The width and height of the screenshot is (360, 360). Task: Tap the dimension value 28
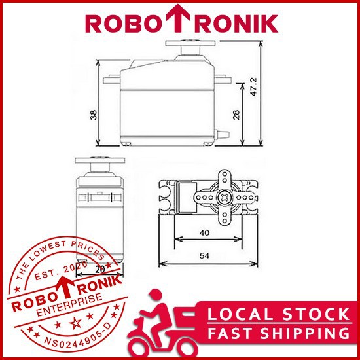point(236,115)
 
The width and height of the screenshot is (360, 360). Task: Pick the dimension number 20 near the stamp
point(101,269)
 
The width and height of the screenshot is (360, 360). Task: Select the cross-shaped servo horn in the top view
point(226,196)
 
